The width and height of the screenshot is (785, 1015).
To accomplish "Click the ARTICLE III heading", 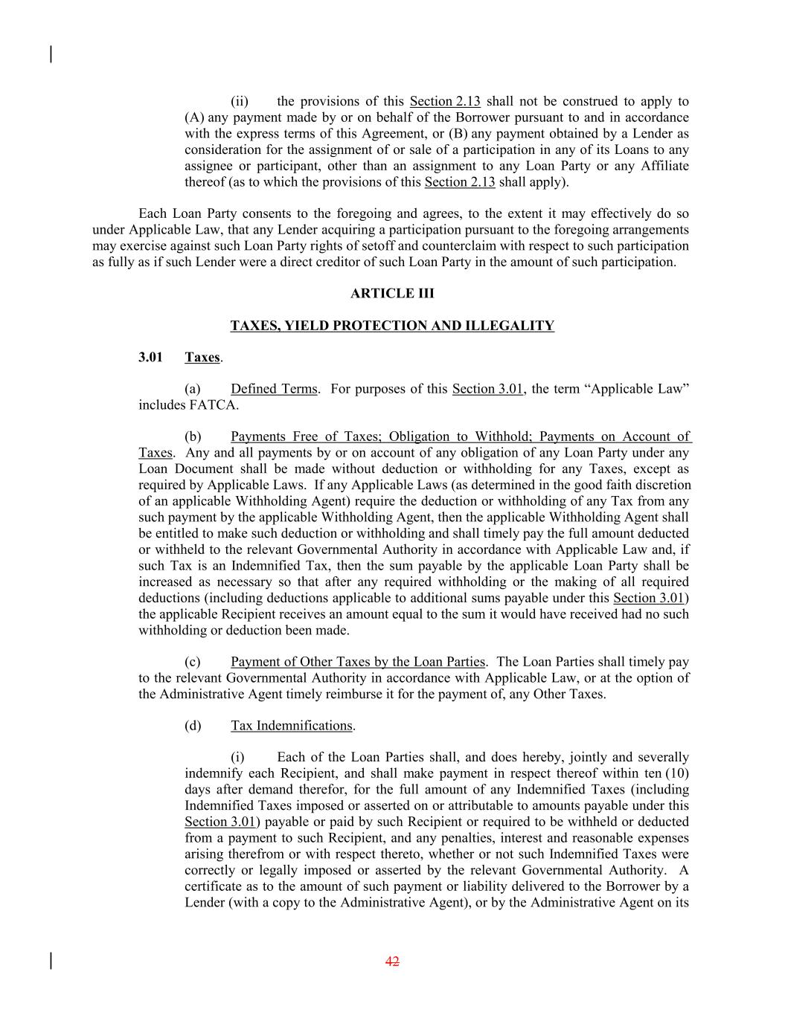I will [x=392, y=293].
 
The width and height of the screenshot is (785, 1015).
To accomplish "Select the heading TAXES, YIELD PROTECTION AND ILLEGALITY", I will [x=392, y=326].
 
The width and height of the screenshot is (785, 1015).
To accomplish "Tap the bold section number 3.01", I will [x=150, y=358].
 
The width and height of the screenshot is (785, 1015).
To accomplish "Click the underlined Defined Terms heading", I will [x=274, y=389].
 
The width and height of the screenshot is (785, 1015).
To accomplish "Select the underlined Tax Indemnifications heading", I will [x=292, y=726].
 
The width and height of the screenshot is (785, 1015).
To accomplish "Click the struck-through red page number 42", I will [x=392, y=961].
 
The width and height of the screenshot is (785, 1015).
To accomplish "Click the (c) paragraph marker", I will [x=193, y=662].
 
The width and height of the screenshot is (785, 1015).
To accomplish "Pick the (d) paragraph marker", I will [x=193, y=726].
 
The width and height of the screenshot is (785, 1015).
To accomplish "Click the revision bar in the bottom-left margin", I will [x=51, y=961].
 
